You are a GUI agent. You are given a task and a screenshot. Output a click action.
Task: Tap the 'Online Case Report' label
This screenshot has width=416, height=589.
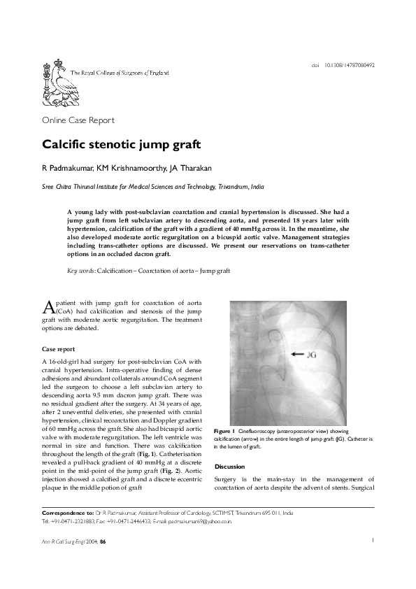pyautogui.click(x=78, y=120)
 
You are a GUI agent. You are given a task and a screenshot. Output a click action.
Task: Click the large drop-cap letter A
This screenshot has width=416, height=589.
pyautogui.click(x=48, y=327)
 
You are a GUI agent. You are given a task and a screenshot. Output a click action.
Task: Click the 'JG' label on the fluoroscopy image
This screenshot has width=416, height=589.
pyautogui.click(x=313, y=356)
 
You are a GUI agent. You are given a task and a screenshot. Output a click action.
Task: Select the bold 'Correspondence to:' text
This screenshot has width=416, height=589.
pyautogui.click(x=69, y=513)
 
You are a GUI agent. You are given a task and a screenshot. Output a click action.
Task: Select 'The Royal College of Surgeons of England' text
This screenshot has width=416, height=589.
pyautogui.click(x=120, y=73)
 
